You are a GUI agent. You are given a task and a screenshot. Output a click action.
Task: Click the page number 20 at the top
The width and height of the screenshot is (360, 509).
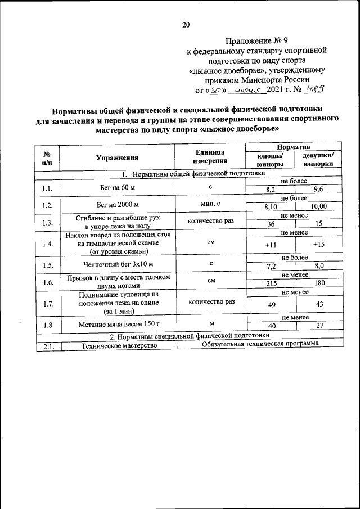pos(186,24)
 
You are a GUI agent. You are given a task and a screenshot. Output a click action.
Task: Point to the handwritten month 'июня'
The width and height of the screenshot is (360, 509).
pos(247,89)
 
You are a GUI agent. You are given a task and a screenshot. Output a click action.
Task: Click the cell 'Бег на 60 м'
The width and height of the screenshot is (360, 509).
pos(117,187)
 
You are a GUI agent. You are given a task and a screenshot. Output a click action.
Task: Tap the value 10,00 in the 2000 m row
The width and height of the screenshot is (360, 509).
pos(318,207)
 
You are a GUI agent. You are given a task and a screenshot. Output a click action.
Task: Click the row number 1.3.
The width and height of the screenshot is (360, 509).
pos(47,223)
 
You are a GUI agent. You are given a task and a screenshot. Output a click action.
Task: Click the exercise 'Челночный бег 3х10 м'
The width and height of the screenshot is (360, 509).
pos(117,264)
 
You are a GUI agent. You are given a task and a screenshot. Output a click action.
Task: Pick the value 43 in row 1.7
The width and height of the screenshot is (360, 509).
pos(318,304)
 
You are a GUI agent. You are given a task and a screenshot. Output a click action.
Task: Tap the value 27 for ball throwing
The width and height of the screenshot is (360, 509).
pos(318,326)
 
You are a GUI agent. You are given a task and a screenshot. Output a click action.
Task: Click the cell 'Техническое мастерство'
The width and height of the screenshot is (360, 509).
pos(118,346)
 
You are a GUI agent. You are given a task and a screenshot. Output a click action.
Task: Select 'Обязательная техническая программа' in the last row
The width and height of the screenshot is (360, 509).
pos(259,344)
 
